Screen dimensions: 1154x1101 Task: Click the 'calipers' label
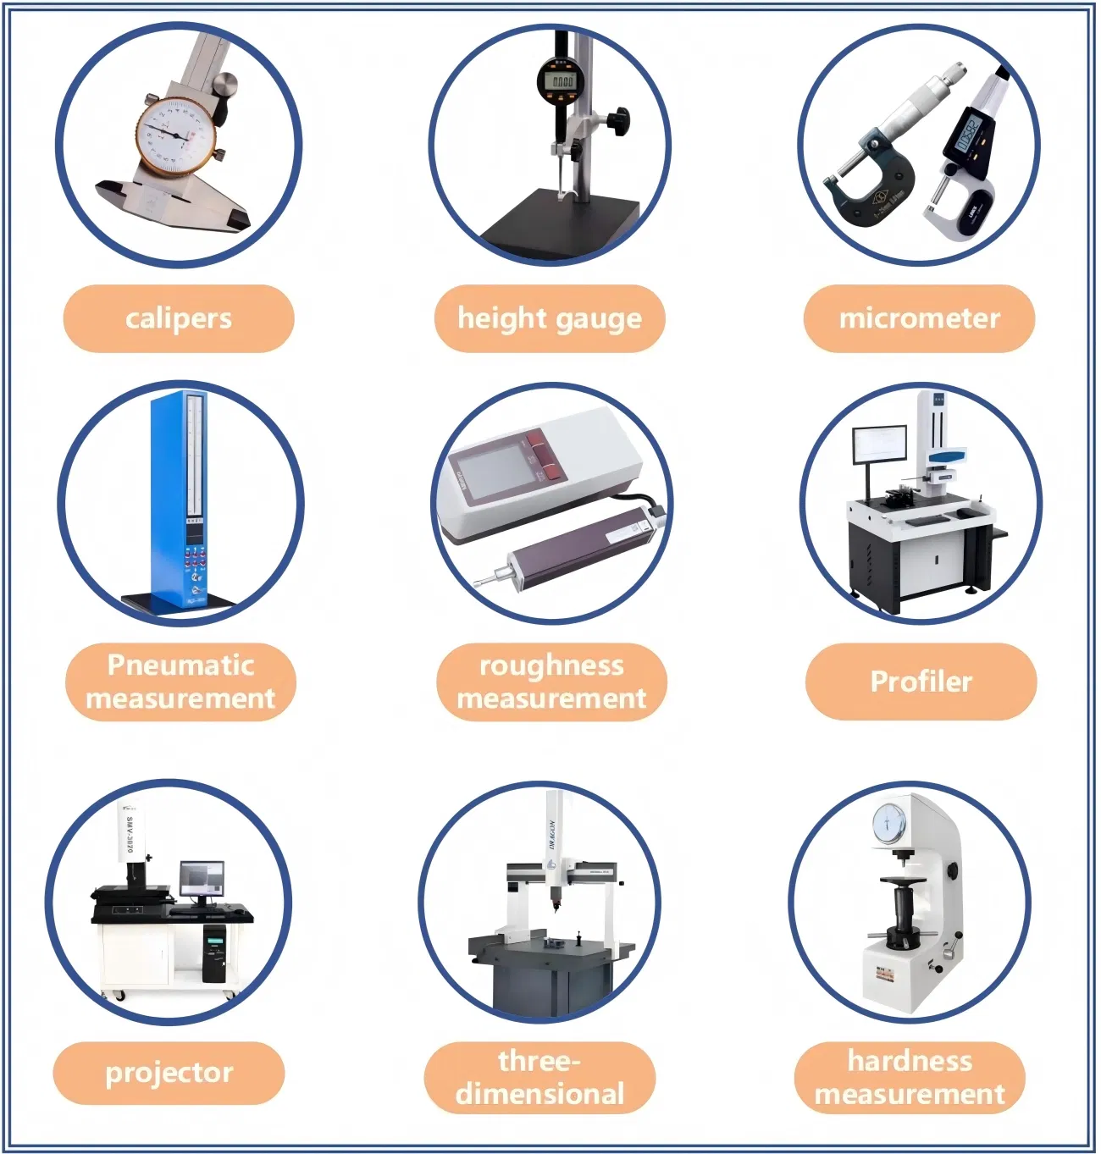[179, 318]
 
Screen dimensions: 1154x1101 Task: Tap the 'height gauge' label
[550, 318]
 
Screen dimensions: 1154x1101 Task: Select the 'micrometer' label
[919, 318]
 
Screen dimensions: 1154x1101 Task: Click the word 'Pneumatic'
[180, 665]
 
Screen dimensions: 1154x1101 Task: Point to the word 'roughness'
[551, 665]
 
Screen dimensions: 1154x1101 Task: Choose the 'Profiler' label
[921, 682]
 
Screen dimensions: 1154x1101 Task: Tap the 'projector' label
[169, 1073]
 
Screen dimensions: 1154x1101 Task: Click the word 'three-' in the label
[539, 1061]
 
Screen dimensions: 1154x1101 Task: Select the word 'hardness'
[910, 1061]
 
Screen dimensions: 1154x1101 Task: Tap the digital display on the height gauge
[559, 81]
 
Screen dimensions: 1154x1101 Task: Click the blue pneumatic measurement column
[178, 500]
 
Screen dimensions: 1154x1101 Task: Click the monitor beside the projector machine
[202, 881]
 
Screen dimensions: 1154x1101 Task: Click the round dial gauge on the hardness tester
[888, 820]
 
